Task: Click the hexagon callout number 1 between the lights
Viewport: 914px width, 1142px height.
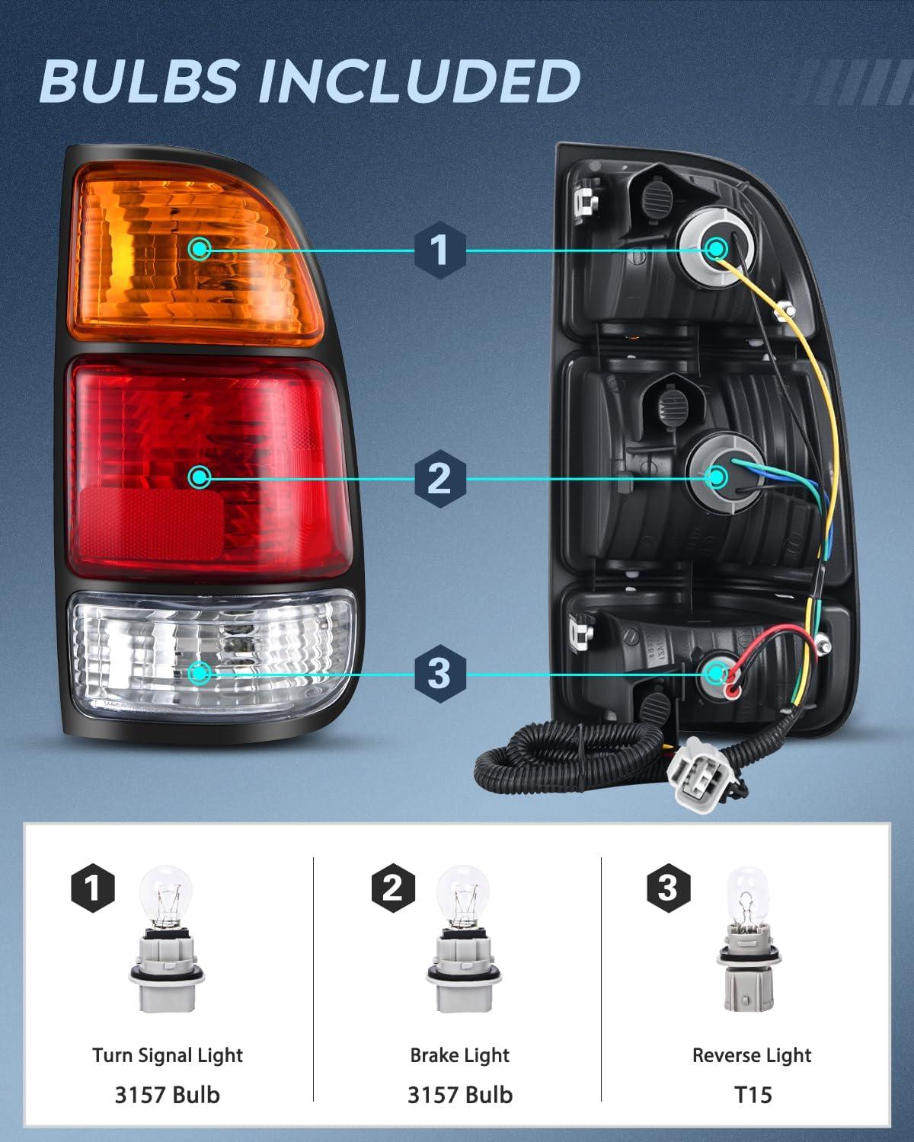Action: [439, 250]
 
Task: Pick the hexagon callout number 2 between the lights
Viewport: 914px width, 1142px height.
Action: [439, 478]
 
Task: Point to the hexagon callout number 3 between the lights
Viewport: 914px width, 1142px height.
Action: [439, 673]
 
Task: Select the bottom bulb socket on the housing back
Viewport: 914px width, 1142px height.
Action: [716, 672]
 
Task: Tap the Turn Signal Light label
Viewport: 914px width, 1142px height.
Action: [168, 1055]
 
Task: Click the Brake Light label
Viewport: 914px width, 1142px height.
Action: [459, 1055]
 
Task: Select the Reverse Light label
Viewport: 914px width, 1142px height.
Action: [752, 1055]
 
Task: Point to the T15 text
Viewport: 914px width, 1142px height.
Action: [752, 1095]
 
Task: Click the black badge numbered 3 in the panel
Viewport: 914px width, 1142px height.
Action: [668, 887]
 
